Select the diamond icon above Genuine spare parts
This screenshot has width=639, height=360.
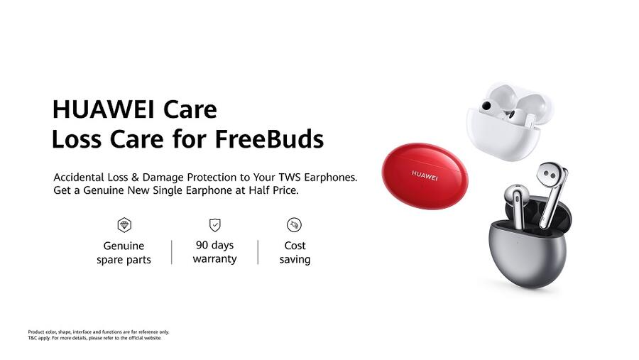point(124,225)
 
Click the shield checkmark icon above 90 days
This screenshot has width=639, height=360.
point(214,225)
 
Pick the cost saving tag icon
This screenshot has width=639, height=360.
point(294,225)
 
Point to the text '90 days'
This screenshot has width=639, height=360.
point(214,245)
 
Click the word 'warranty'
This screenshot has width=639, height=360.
point(214,259)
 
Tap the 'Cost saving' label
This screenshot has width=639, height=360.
point(295,253)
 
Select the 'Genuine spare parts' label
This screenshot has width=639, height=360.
point(124,253)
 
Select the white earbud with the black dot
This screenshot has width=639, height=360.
point(491,109)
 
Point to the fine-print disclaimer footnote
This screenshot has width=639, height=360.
point(98,334)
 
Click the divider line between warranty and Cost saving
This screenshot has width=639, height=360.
point(258,252)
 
